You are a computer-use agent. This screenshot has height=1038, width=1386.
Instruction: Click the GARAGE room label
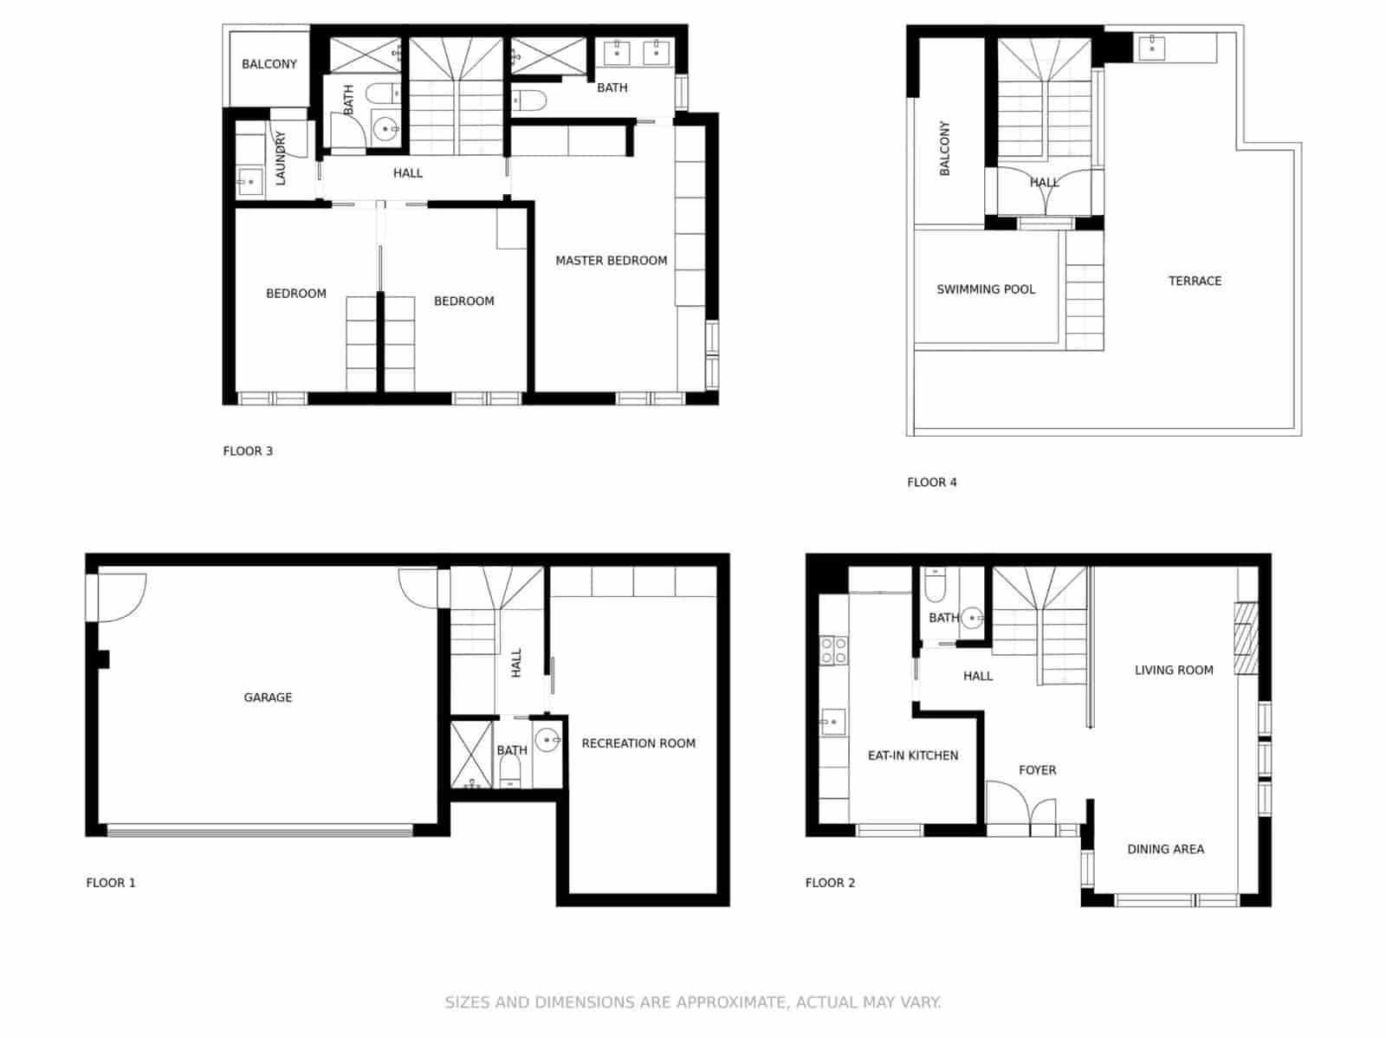click(268, 697)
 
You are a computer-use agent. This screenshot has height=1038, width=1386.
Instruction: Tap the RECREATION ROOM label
click(638, 743)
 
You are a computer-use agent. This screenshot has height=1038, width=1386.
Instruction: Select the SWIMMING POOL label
click(986, 289)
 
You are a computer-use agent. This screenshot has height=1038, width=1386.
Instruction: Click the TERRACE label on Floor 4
click(1195, 281)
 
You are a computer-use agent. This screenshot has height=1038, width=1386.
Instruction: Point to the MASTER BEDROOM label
click(611, 261)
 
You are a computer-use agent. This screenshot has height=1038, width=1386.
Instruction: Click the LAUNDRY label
click(280, 158)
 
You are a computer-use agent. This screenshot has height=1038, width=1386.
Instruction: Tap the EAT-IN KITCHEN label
click(913, 756)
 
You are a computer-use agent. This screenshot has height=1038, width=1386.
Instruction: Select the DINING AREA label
click(1165, 849)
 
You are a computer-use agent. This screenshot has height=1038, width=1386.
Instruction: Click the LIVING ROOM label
click(1174, 670)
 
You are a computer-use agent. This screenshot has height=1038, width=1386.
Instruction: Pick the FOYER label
click(1037, 770)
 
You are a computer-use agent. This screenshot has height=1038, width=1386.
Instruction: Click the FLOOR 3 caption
click(248, 451)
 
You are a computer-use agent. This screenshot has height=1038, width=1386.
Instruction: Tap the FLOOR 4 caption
click(932, 483)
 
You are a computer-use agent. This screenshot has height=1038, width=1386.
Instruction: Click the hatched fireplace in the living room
click(1246, 638)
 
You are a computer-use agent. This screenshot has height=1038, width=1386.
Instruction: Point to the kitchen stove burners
click(833, 650)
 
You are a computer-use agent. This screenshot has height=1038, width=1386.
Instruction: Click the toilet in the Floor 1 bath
click(511, 771)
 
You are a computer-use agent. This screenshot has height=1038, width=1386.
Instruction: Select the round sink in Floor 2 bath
click(973, 618)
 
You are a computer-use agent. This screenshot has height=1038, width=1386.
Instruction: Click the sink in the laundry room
click(249, 182)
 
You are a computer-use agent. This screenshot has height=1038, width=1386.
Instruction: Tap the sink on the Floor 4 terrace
click(1151, 48)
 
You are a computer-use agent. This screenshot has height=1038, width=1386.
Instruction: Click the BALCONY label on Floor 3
click(269, 64)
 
